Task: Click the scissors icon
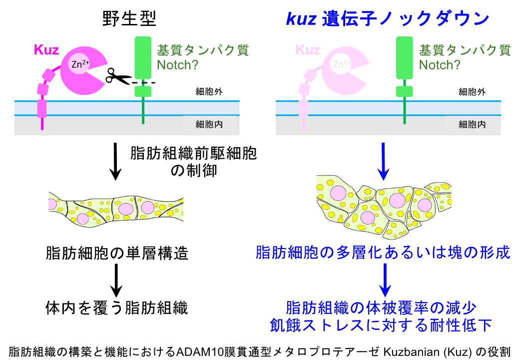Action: pos(117,77)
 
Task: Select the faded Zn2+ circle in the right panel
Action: pos(342,64)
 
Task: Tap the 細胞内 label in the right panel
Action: pos(472,124)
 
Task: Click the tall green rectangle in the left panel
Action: pos(143,57)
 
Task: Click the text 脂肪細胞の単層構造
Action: pos(116,253)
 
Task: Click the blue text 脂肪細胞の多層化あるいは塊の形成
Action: pos(383,252)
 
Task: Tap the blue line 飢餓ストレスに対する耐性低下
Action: pos(383,326)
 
